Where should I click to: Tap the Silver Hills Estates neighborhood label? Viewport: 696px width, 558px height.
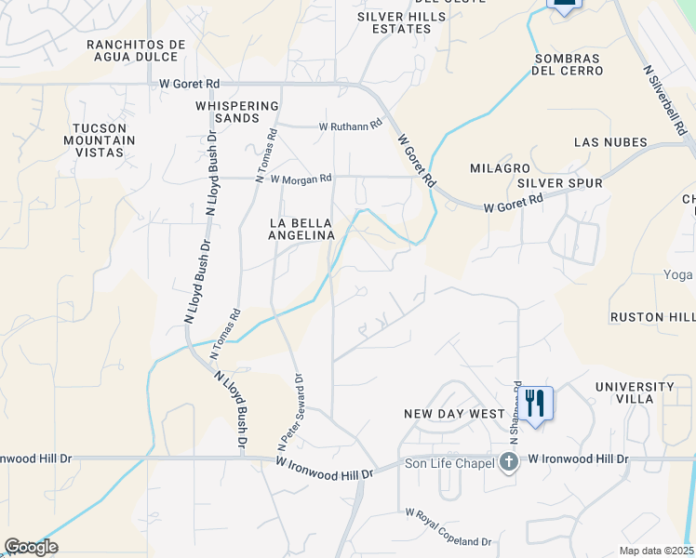[x=395, y=22]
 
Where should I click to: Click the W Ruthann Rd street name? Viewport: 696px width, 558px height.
[x=350, y=125]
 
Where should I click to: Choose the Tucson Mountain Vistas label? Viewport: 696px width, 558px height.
[x=105, y=139]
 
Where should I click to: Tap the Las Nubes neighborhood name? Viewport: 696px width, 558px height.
[x=608, y=142]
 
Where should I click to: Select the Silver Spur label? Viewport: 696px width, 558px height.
[x=560, y=183]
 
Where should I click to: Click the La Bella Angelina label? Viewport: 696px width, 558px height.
[x=301, y=229]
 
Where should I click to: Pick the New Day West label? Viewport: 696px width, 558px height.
[x=453, y=413]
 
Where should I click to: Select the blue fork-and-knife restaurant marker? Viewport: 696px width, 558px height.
[x=534, y=404]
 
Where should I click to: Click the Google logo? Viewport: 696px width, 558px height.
[x=31, y=547]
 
